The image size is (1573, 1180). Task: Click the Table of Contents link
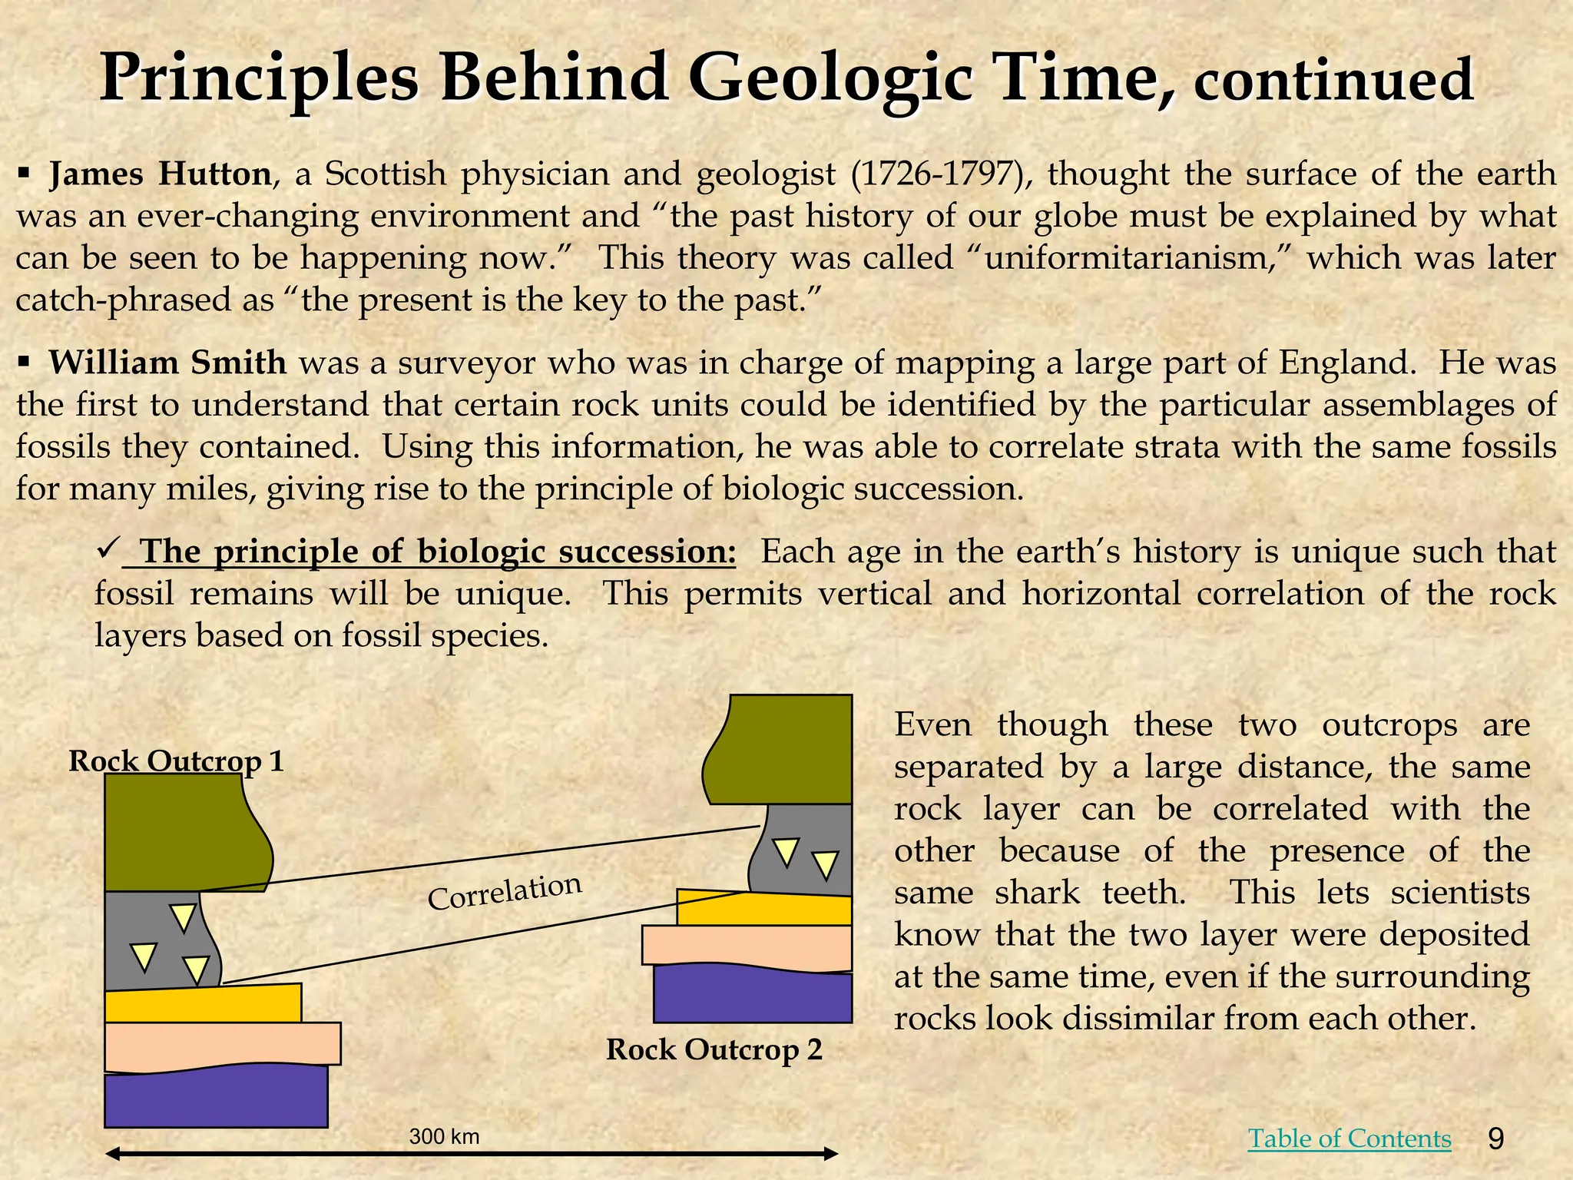point(1349,1138)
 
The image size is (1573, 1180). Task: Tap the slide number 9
point(1495,1139)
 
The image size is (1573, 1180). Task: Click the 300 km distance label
point(444,1136)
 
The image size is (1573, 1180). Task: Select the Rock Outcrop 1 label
point(176,761)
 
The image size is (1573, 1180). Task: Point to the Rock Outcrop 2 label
point(714,1049)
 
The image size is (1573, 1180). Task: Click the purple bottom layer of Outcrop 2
point(753,995)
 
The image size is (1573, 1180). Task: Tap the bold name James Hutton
point(160,174)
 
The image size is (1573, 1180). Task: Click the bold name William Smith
point(167,363)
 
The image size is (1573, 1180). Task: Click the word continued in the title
point(1333,83)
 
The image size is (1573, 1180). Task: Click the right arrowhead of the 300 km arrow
point(830,1153)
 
